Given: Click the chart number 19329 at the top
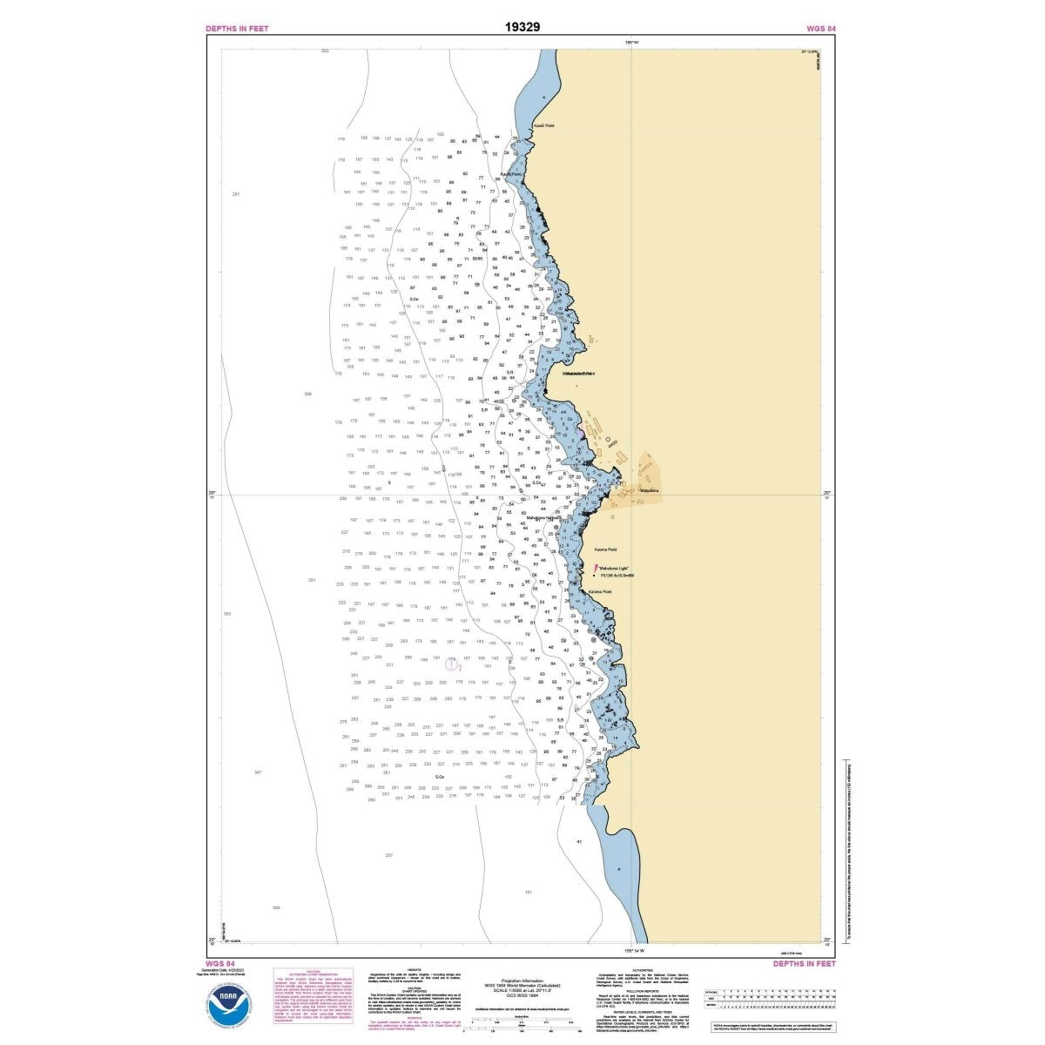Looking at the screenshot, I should (x=522, y=26).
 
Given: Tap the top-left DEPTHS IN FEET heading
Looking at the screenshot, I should (x=237, y=29).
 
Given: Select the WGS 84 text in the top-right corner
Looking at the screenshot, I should (x=821, y=29).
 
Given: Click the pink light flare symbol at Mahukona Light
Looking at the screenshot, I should (x=597, y=567).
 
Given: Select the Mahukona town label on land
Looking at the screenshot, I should (x=650, y=490).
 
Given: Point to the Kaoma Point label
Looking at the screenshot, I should (x=605, y=549).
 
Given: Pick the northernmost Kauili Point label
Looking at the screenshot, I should (x=543, y=125).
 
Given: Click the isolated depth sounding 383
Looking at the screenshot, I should (x=227, y=614).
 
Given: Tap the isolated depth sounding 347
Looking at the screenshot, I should (x=258, y=772).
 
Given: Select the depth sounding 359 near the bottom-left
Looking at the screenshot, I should (x=276, y=907).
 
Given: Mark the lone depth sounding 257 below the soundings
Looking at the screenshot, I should (x=388, y=855).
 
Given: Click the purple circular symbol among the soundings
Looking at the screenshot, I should (x=452, y=664).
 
